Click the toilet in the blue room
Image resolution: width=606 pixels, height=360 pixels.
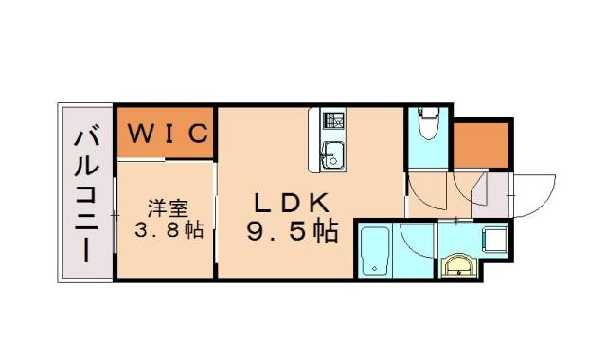(x=427, y=125)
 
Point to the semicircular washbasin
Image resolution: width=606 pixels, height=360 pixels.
(x=459, y=265)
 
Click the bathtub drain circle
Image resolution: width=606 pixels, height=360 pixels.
(x=377, y=269)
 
